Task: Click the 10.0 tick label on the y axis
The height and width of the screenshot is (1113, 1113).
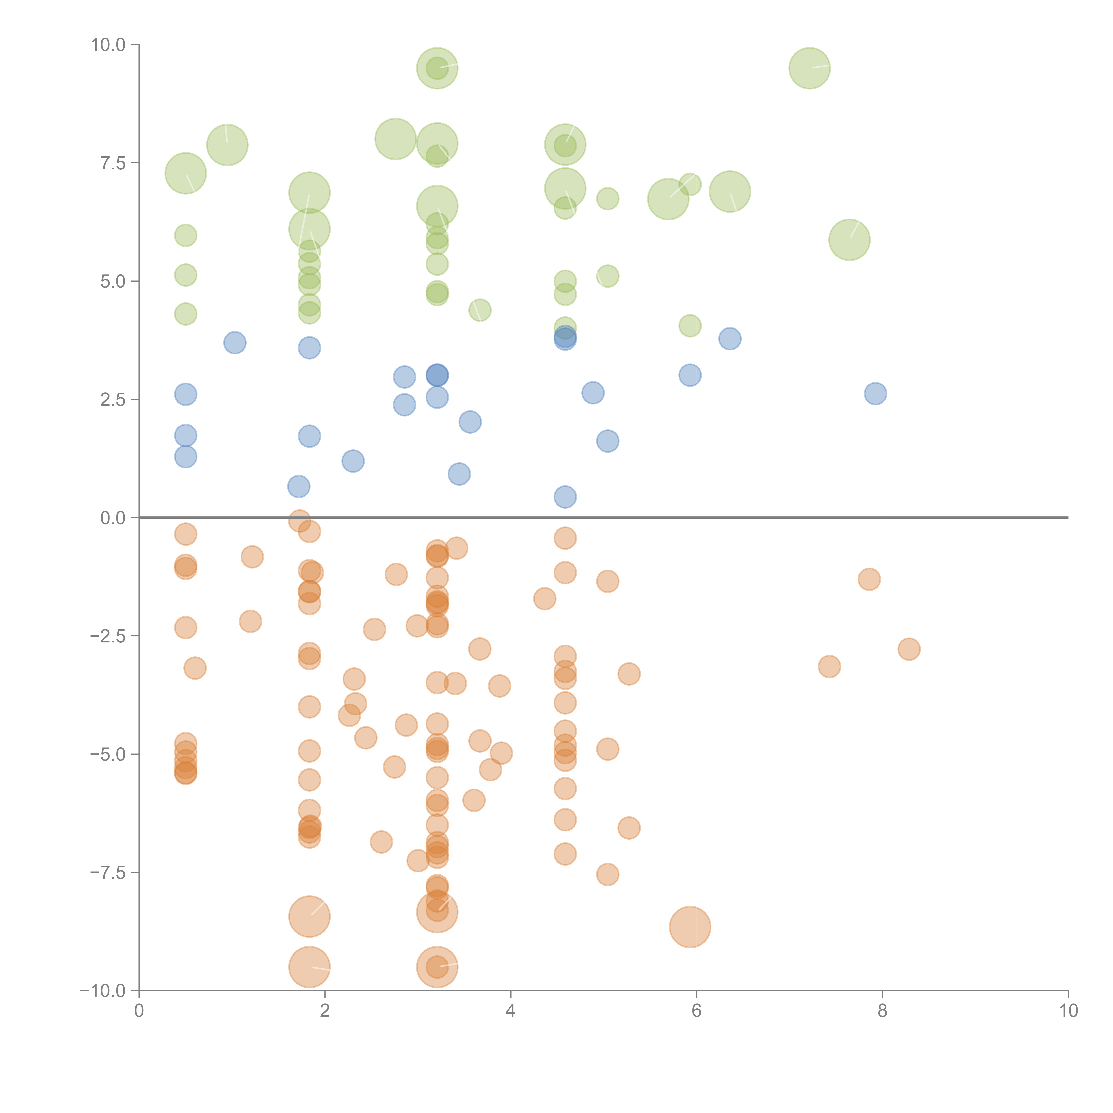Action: click(x=108, y=45)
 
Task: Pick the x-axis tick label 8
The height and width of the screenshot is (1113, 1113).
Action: click(x=883, y=1011)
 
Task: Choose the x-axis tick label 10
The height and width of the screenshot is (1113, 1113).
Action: click(x=1068, y=1011)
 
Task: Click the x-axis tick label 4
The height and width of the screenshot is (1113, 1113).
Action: click(x=510, y=1011)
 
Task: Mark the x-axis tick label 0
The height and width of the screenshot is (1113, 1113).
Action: click(x=139, y=1011)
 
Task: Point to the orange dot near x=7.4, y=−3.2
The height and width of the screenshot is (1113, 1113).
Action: click(x=829, y=666)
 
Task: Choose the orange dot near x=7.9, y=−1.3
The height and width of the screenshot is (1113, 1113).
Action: click(x=869, y=579)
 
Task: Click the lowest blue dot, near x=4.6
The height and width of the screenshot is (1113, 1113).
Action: click(x=565, y=497)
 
